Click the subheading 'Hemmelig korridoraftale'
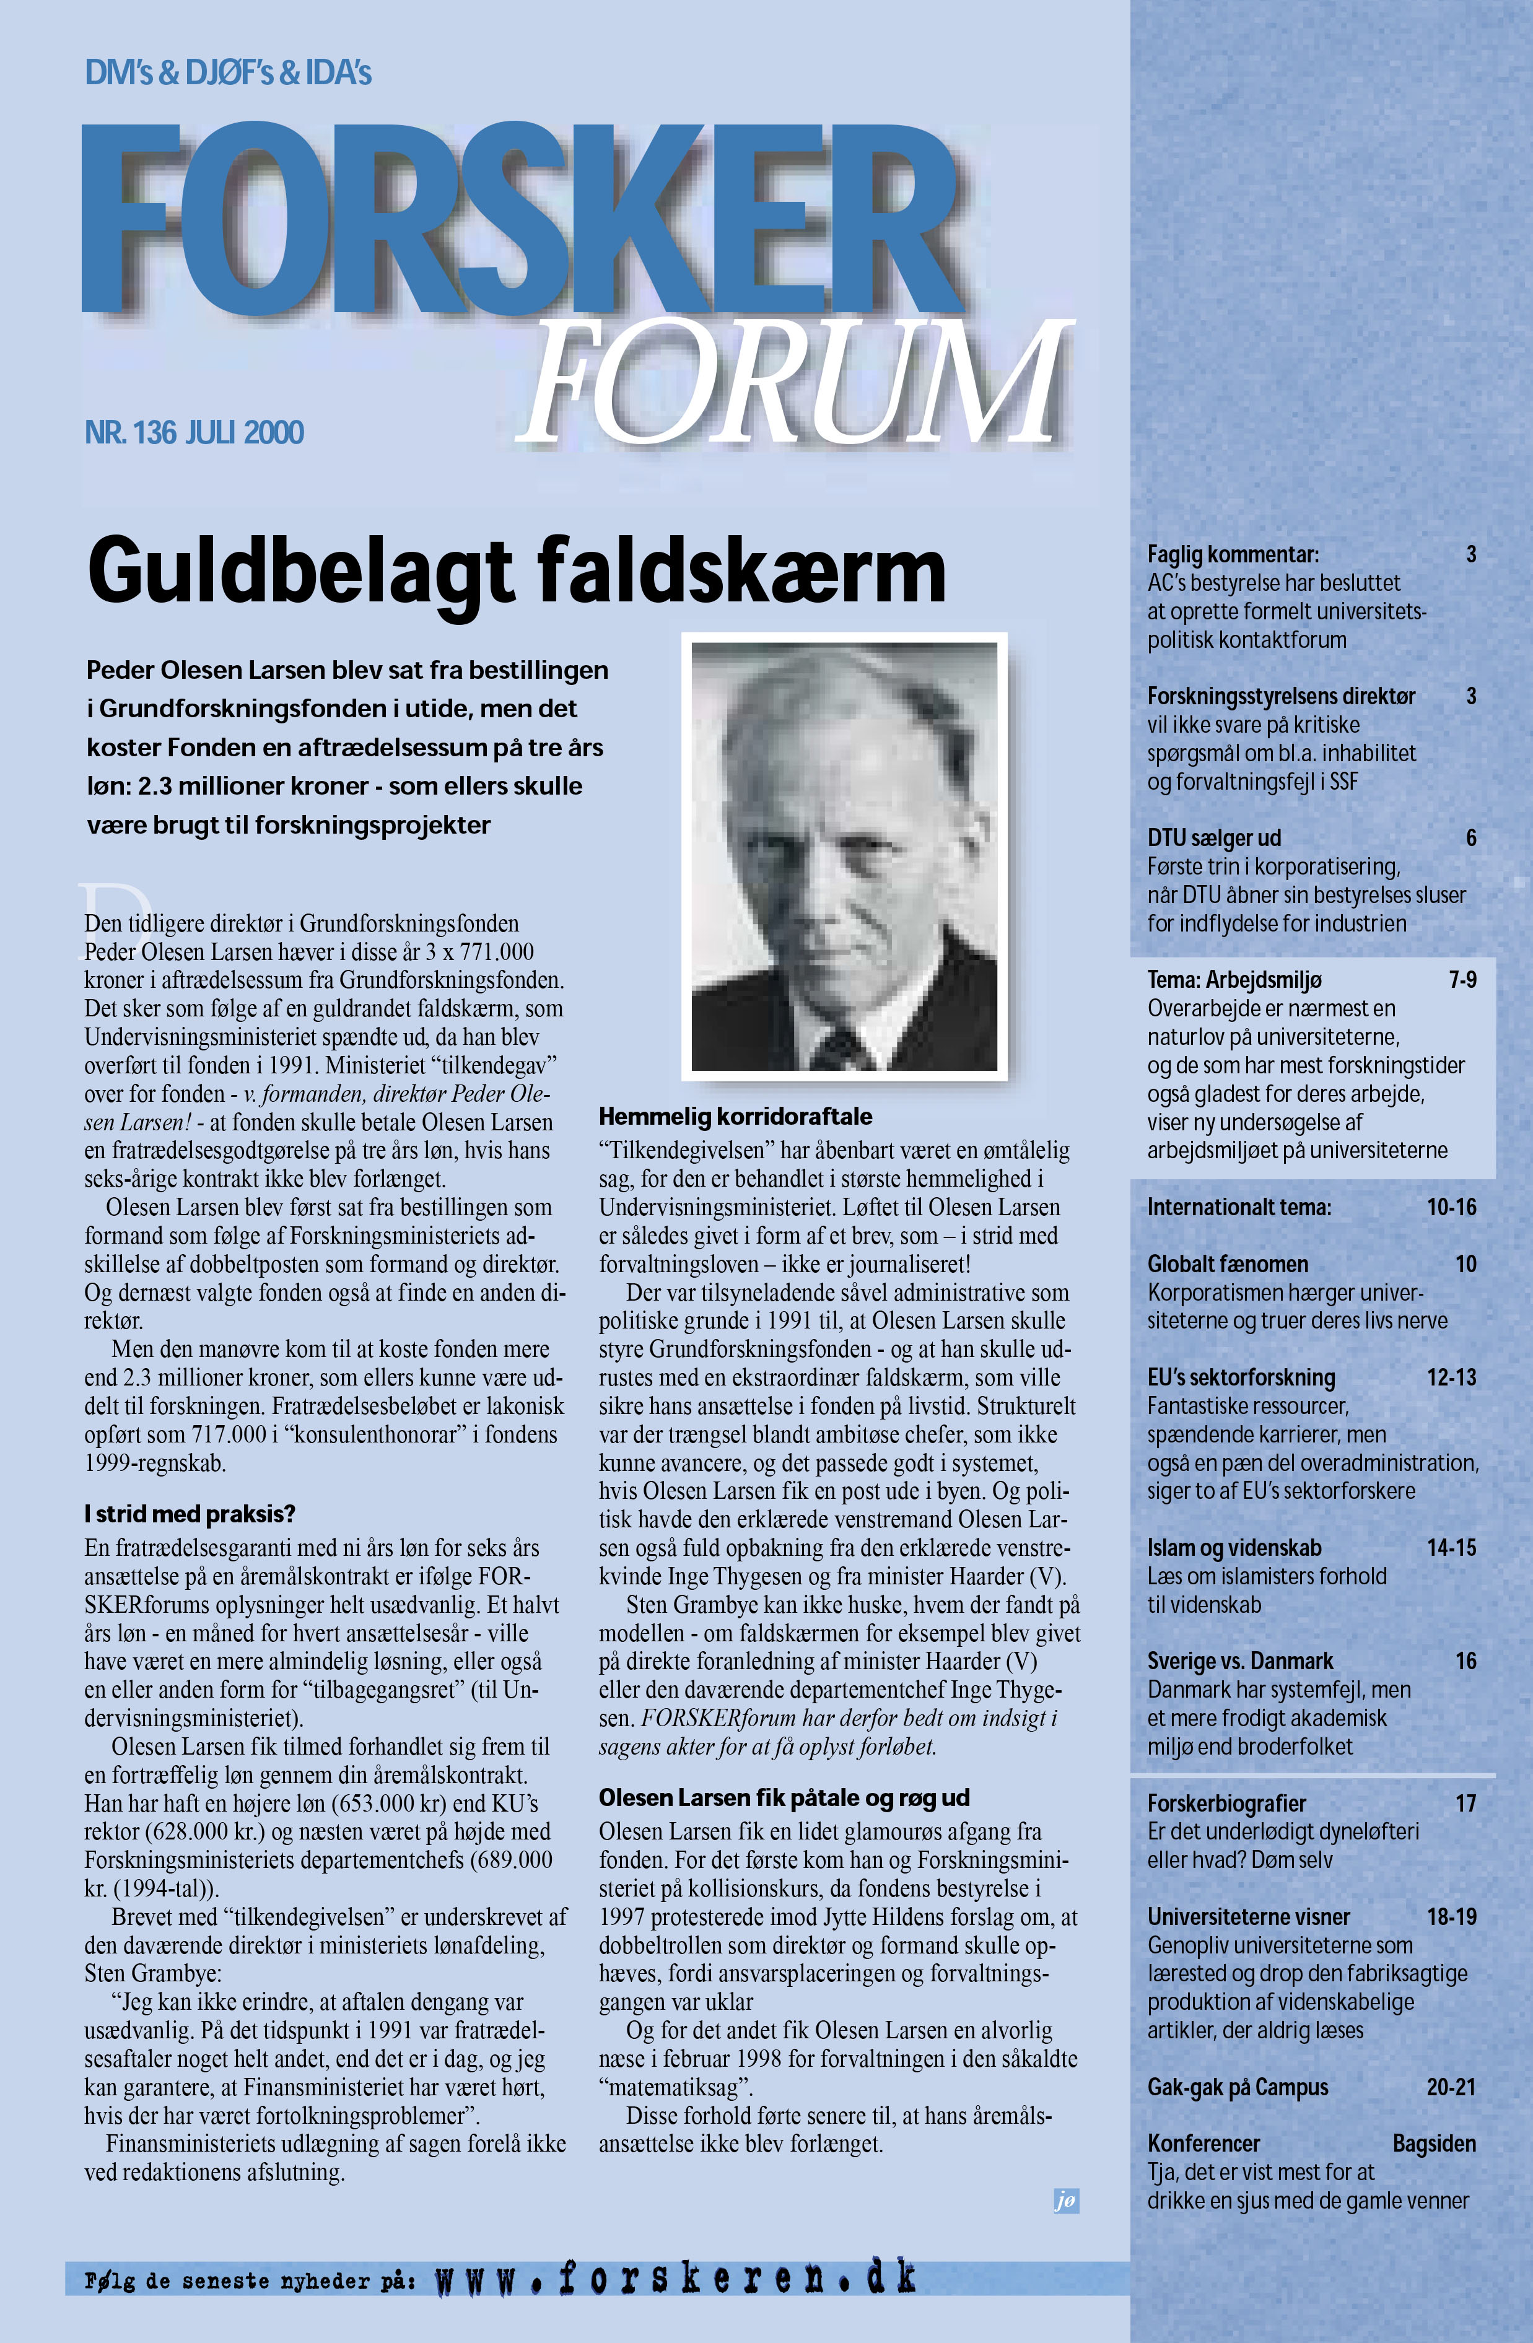pyautogui.click(x=735, y=1116)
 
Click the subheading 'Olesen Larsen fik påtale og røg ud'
pyautogui.click(x=784, y=1797)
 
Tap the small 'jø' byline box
pyautogui.click(x=1065, y=2201)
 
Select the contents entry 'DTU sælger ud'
pyautogui.click(x=1214, y=838)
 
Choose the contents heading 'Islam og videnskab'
pyautogui.click(x=1234, y=1548)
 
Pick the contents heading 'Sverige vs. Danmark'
pyautogui.click(x=1239, y=1660)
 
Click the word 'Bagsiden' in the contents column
pyautogui.click(x=1433, y=2143)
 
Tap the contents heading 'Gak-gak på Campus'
pyautogui.click(x=1238, y=2087)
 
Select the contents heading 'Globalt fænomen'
pyautogui.click(x=1227, y=1264)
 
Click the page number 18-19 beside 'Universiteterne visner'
pyautogui.click(x=1451, y=1917)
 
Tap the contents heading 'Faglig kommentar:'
pyautogui.click(x=1233, y=554)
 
